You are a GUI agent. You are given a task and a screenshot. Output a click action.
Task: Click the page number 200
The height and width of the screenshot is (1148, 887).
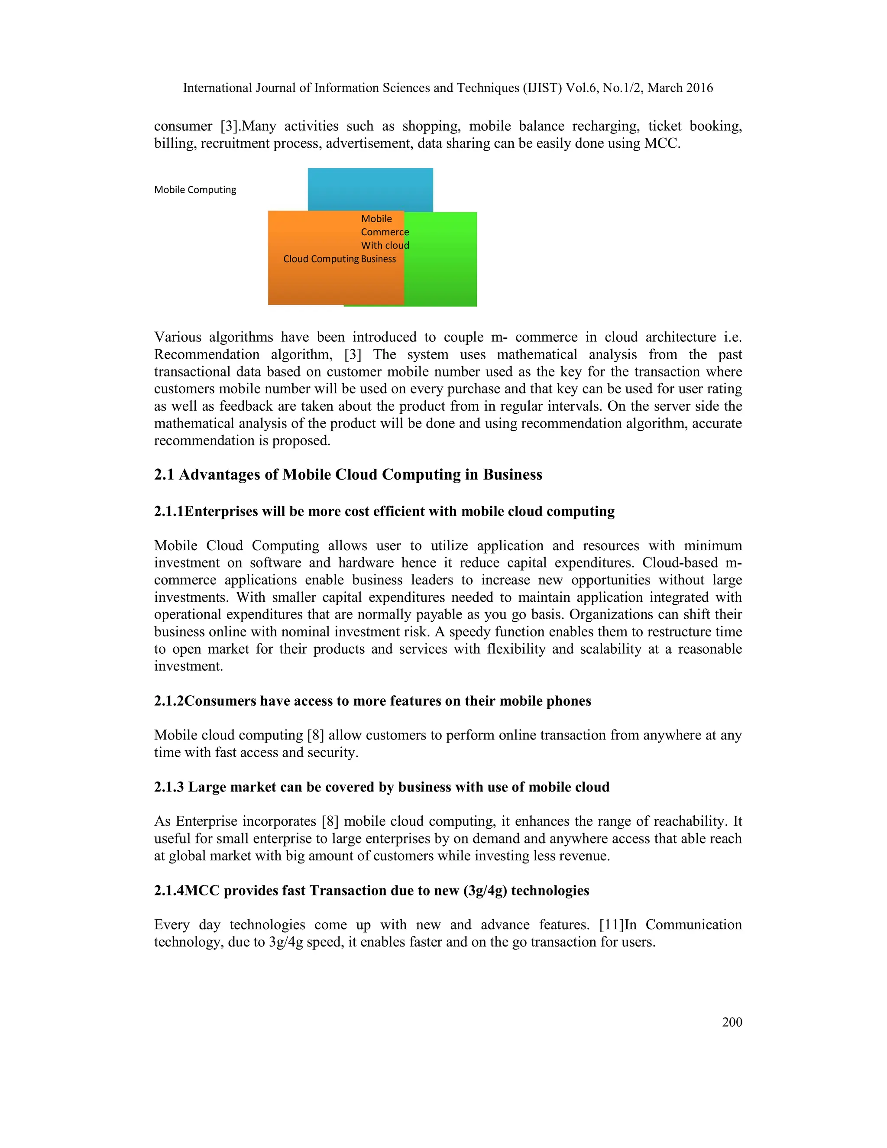[732, 1022]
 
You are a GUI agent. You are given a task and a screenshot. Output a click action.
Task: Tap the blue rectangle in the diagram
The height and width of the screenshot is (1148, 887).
[370, 189]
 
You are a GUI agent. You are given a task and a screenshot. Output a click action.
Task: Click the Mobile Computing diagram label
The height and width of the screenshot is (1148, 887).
[195, 190]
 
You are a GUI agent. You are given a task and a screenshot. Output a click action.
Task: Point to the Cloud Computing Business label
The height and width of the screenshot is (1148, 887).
[340, 259]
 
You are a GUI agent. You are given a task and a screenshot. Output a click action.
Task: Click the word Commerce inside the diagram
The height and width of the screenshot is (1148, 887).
[385, 232]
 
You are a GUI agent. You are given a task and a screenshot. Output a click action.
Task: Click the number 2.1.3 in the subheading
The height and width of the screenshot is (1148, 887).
[168, 787]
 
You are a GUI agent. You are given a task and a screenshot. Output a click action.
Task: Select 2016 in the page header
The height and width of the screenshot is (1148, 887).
[699, 88]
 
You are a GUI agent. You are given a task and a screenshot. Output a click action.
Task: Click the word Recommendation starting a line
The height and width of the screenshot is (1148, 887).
[207, 354]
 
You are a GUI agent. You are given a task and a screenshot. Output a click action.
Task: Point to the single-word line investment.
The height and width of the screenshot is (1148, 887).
[188, 666]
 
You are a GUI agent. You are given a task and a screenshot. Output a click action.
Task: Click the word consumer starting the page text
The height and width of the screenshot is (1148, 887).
[183, 126]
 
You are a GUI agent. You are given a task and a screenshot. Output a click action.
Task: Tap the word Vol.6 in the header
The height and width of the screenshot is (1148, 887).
[582, 88]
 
